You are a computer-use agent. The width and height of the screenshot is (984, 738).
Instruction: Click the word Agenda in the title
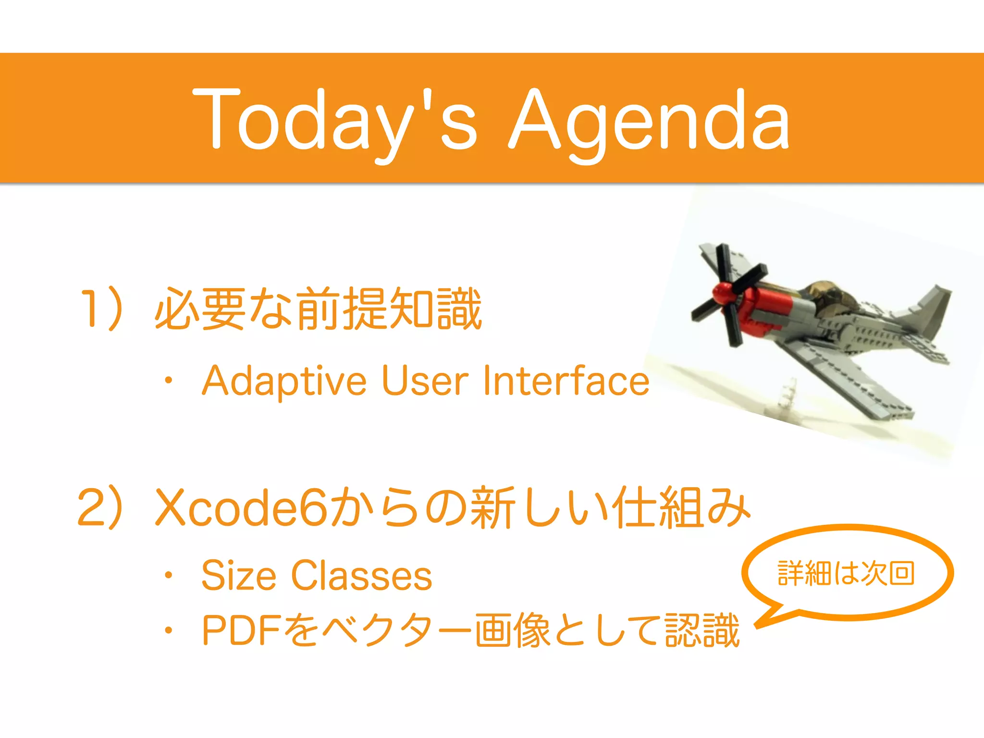click(649, 120)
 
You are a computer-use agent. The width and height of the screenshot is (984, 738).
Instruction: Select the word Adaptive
click(284, 381)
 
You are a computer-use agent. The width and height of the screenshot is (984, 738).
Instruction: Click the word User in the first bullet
click(425, 381)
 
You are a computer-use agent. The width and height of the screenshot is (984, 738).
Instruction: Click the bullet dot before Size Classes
click(168, 575)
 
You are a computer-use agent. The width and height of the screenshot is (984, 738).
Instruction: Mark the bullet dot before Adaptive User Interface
click(168, 381)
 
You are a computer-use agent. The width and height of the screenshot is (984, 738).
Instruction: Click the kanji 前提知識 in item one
click(389, 308)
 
